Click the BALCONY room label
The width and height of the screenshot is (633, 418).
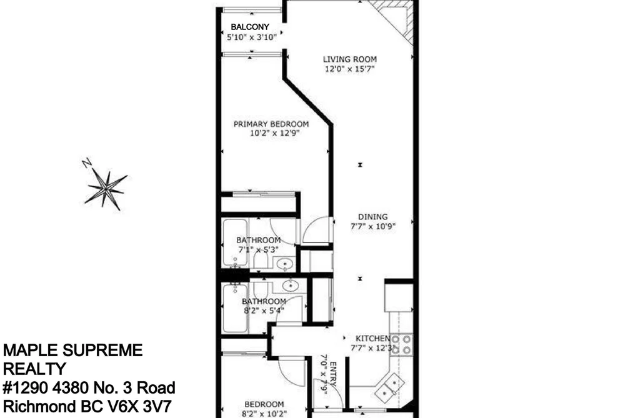click(250, 27)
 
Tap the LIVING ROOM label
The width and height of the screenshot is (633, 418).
click(349, 59)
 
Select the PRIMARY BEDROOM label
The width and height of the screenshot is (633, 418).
click(271, 124)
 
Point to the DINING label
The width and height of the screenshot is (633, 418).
click(372, 217)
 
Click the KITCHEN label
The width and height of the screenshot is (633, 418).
click(372, 339)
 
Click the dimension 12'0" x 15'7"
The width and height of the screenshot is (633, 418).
click(349, 69)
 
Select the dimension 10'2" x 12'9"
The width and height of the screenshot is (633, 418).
click(274, 134)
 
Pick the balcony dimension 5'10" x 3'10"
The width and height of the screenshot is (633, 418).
click(251, 37)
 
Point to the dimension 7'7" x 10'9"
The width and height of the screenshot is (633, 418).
click(372, 226)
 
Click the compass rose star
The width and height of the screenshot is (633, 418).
click(106, 189)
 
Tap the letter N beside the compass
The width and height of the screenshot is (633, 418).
click(87, 162)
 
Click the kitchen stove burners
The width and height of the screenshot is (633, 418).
click(401, 344)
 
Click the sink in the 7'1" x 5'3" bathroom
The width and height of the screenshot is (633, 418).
click(285, 264)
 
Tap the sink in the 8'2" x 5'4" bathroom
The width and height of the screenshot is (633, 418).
click(291, 286)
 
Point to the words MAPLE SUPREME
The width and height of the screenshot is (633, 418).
click(72, 351)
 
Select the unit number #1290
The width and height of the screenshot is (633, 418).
click(26, 388)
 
